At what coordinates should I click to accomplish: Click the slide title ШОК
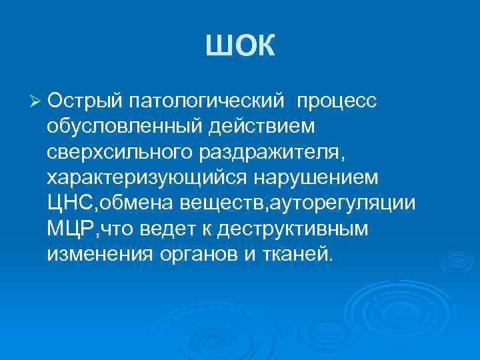click(239, 47)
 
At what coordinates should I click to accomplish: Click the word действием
click(261, 125)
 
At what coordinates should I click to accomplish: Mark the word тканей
click(294, 253)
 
